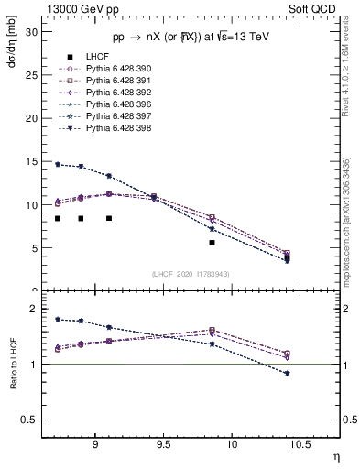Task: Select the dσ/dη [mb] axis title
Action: point(12,45)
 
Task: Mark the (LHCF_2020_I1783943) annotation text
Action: point(191,274)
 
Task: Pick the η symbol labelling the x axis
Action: point(335,455)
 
